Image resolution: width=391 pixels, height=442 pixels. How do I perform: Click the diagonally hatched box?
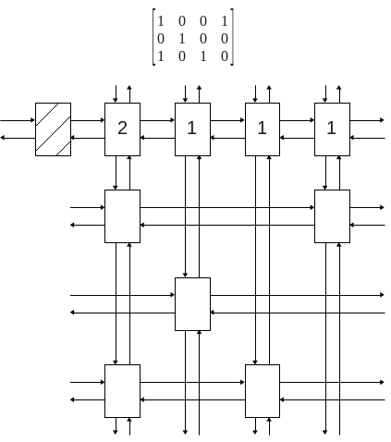[53, 129]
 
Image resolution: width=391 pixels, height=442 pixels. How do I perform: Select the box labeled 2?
[122, 129]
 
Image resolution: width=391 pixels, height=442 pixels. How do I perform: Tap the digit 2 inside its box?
[122, 128]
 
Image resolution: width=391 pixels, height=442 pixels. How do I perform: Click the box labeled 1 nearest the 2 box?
[192, 129]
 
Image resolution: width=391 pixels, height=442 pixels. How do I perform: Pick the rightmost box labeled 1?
[332, 129]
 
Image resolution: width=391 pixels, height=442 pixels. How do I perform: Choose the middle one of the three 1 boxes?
[263, 129]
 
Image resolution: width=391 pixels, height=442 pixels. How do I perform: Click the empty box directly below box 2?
[122, 216]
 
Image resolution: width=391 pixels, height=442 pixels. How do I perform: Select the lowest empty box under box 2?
[122, 391]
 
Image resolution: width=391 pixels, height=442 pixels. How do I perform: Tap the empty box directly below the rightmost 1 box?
[332, 216]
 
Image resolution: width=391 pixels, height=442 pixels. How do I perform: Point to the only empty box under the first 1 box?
[192, 304]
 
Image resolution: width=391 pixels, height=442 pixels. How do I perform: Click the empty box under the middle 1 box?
[263, 391]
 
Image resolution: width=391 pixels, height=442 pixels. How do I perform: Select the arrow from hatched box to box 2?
[88, 120]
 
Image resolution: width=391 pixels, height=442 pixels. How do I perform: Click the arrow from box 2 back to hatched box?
[88, 138]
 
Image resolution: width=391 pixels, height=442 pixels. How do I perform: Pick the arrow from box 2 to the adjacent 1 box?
[157, 120]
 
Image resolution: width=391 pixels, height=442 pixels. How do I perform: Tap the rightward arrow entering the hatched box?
[18, 120]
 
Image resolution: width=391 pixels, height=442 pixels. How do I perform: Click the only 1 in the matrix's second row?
[182, 39]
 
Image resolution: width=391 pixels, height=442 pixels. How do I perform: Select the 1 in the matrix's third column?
[203, 56]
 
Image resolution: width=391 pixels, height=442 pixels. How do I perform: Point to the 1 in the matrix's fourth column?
[225, 21]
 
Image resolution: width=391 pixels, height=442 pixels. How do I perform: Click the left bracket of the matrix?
[153, 37]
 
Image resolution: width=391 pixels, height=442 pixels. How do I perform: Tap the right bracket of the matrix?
[232, 37]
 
